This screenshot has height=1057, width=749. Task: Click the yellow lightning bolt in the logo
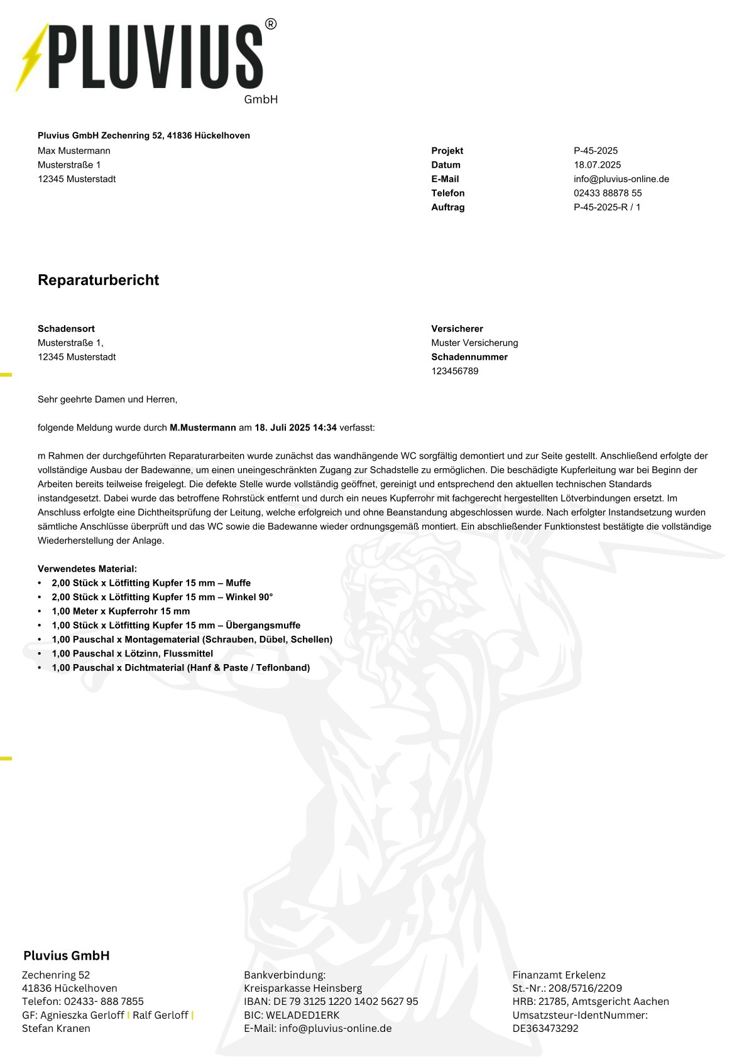pyautogui.click(x=32, y=58)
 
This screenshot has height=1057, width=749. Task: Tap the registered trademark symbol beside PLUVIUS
pyautogui.click(x=270, y=24)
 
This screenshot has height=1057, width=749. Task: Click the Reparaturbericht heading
pyautogui.click(x=98, y=280)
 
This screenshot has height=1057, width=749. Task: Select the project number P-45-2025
pyautogui.click(x=595, y=151)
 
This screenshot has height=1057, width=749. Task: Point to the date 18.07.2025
pyautogui.click(x=597, y=165)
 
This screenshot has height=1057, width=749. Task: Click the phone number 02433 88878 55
pyautogui.click(x=607, y=193)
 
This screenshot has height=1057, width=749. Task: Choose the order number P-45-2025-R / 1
pyautogui.click(x=606, y=207)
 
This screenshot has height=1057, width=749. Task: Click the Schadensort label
pyautogui.click(x=66, y=329)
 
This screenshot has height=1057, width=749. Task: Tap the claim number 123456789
pyautogui.click(x=454, y=371)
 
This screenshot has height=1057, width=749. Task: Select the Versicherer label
pyautogui.click(x=457, y=329)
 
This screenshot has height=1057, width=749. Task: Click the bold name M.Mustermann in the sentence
pyautogui.click(x=202, y=428)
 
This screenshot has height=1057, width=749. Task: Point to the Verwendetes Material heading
pyautogui.click(x=87, y=569)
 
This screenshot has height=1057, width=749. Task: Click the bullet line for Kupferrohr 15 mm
pyautogui.click(x=121, y=611)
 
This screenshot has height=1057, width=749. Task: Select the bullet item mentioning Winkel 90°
pyautogui.click(x=162, y=598)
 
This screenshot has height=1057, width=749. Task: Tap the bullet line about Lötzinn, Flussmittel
pyautogui.click(x=132, y=654)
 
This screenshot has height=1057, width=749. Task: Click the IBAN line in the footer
pyautogui.click(x=331, y=1002)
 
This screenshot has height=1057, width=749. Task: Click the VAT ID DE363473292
pyautogui.click(x=545, y=1029)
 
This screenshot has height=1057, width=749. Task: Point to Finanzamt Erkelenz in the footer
pyautogui.click(x=559, y=975)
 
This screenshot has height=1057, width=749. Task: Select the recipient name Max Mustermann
pyautogui.click(x=74, y=151)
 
